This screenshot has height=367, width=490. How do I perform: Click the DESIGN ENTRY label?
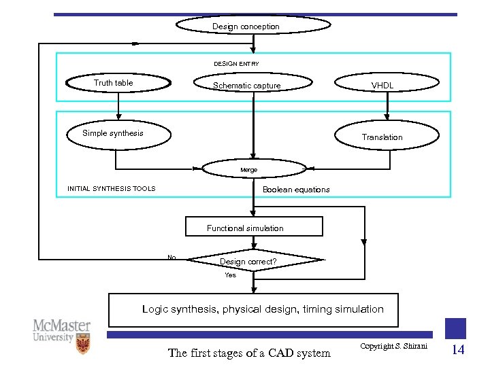point(236,64)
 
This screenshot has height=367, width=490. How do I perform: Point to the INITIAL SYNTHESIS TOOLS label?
point(111,189)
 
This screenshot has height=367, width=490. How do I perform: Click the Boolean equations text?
point(296,190)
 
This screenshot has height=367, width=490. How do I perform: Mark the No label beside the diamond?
point(171,258)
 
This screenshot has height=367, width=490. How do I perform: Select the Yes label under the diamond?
point(231,275)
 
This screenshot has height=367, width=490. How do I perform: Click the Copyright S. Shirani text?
point(393,347)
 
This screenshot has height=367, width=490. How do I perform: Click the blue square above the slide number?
point(455,328)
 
